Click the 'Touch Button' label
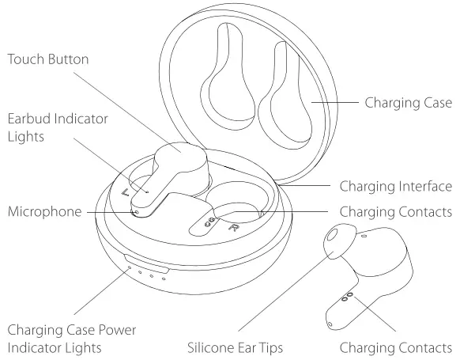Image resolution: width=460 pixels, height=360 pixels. [59, 59]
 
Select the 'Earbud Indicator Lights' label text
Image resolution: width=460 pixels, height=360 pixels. [56, 127]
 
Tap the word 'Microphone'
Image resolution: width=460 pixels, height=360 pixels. [44, 211]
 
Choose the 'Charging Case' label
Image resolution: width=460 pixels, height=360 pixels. [407, 102]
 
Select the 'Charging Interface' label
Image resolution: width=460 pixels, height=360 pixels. [395, 187]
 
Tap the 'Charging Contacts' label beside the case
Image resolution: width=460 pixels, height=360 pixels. [395, 212]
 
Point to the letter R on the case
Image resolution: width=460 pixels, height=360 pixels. [234, 228]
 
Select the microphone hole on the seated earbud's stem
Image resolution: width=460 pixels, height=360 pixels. [136, 211]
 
